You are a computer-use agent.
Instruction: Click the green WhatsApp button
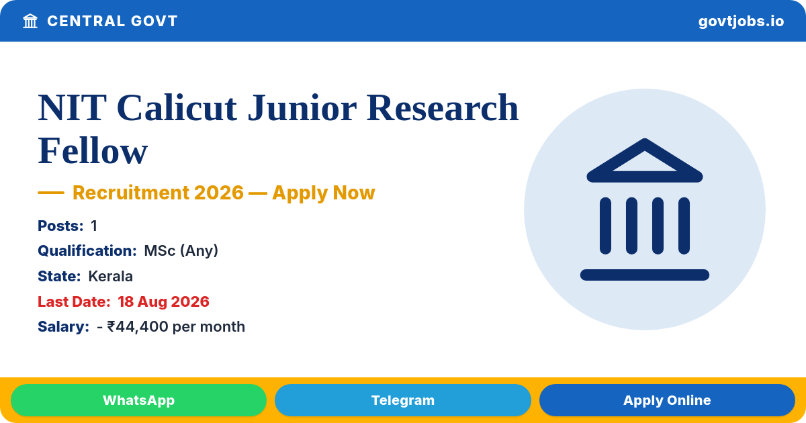pos(138,400)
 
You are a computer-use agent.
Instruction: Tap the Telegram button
pos(402,400)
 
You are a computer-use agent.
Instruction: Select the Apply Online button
pos(667,400)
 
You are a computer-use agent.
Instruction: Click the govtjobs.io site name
pos(741,21)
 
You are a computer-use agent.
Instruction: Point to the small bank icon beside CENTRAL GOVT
pos(30,21)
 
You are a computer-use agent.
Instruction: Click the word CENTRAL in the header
pos(86,21)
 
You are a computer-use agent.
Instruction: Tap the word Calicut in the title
pos(177,107)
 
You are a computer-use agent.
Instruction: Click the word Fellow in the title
pos(93,150)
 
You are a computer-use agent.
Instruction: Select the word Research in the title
pos(443,107)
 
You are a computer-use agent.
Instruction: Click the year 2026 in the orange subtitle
pos(219,193)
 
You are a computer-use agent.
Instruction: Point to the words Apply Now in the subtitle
pos(324,193)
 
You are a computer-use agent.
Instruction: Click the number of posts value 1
pos(94,226)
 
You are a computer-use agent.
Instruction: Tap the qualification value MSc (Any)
pos(181,250)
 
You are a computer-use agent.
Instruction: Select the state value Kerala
pos(110,276)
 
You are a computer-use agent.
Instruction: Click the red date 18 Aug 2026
pos(163,301)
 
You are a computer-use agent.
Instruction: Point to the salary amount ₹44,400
pos(138,326)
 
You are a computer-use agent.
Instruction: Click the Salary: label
pos(63,326)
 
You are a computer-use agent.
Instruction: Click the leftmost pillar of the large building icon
pos(605,226)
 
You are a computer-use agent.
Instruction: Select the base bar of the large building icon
pos(644,275)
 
